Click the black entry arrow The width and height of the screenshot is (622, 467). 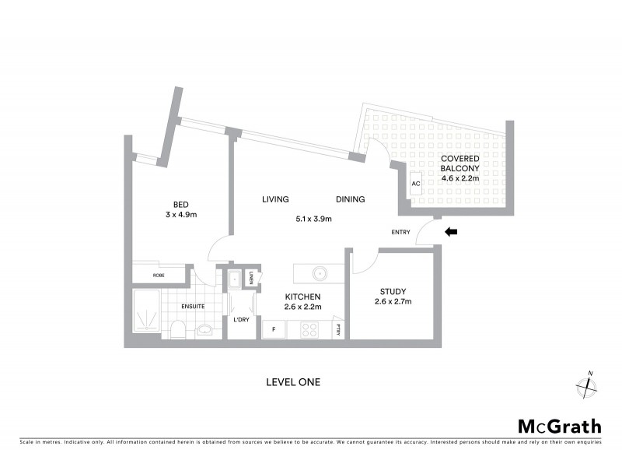pyautogui.click(x=450, y=231)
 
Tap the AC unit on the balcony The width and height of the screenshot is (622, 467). pyautogui.click(x=416, y=184)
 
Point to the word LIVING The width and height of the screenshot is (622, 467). pyautogui.click(x=276, y=200)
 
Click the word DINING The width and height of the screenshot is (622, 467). pyautogui.click(x=350, y=200)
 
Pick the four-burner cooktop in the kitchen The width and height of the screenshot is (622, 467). pyautogui.click(x=310, y=329)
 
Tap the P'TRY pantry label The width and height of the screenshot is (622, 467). pyautogui.click(x=338, y=329)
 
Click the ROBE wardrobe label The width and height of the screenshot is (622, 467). pyautogui.click(x=159, y=275)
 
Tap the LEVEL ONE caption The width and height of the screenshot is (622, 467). pyautogui.click(x=293, y=382)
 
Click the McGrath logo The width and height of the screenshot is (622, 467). pyautogui.click(x=559, y=426)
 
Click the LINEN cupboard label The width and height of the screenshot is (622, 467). pyautogui.click(x=252, y=277)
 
